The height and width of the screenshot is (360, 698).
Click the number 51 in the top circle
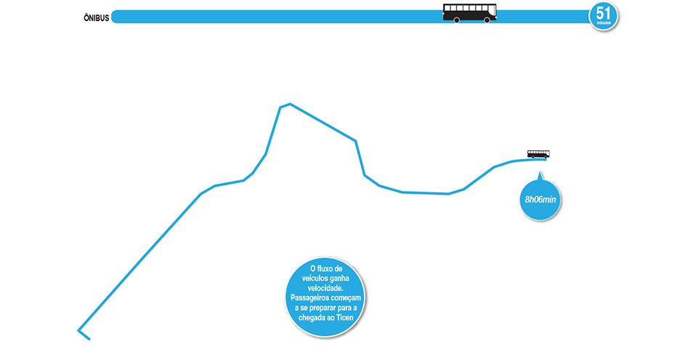pyautogui.click(x=603, y=12)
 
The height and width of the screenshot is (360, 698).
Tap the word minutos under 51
pyautogui.click(x=604, y=23)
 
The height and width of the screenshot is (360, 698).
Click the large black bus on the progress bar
pyautogui.click(x=470, y=13)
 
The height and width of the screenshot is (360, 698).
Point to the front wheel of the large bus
pyautogui.click(x=487, y=20)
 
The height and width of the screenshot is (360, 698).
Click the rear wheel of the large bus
pyautogui.click(x=456, y=20)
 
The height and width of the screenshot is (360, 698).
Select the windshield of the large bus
pyautogui.click(x=494, y=11)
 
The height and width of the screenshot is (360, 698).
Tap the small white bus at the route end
pyautogui.click(x=538, y=154)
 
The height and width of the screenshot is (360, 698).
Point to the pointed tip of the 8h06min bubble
pyautogui.click(x=539, y=173)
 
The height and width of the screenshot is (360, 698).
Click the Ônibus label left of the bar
pyautogui.click(x=96, y=17)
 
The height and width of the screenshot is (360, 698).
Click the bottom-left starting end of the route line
pyautogui.click(x=79, y=331)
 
